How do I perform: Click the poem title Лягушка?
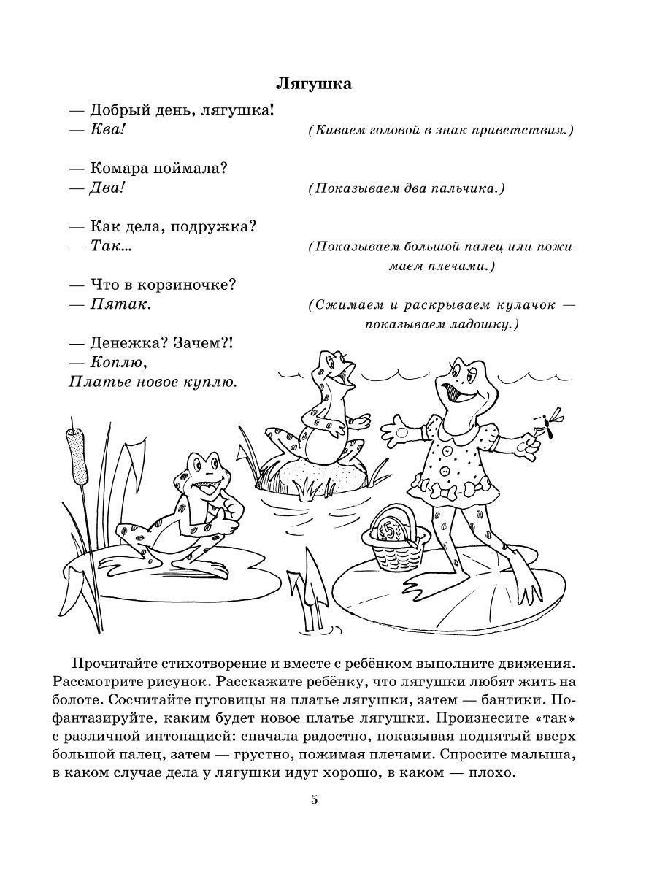point(314,84)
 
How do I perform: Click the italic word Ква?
point(108,131)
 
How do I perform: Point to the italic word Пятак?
point(120,304)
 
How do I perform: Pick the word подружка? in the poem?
point(218,226)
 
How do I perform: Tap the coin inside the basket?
point(389,531)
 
